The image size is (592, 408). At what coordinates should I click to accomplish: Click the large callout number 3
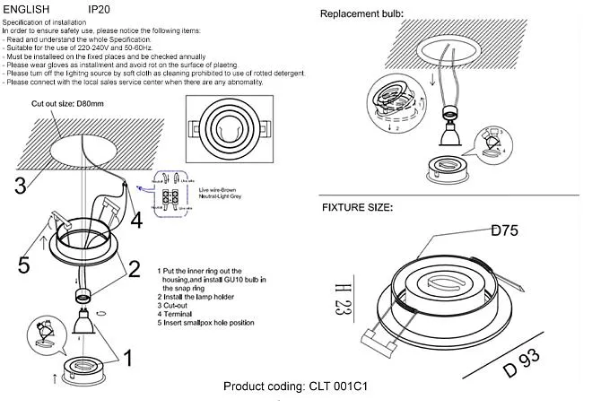tap(20, 186)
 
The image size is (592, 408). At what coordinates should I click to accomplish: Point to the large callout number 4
tap(135, 219)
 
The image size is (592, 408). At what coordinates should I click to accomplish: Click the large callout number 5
tap(24, 265)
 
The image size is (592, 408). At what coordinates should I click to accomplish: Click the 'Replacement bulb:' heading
tap(361, 14)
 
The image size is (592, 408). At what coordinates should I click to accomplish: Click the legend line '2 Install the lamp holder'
tap(199, 297)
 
